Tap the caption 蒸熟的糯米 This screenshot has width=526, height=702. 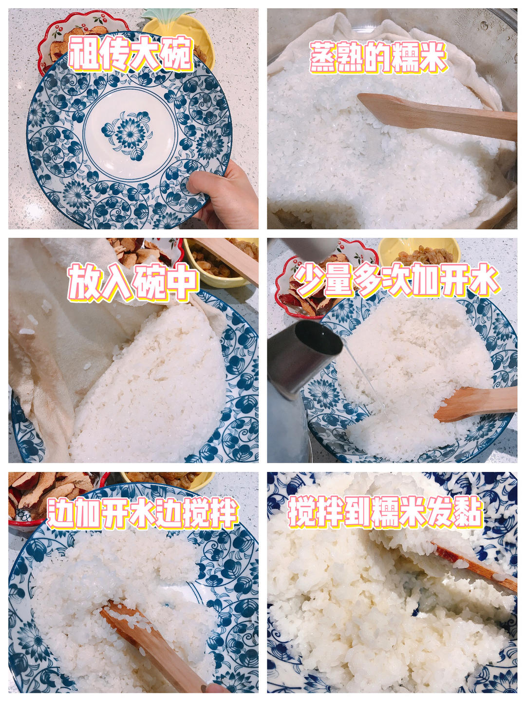click(378, 58)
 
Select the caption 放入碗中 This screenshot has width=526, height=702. click(132, 282)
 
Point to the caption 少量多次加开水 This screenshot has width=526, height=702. click(397, 280)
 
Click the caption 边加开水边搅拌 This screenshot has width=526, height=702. click(142, 513)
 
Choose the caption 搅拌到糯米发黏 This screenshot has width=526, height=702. click(385, 512)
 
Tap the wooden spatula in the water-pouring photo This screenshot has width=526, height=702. click(475, 404)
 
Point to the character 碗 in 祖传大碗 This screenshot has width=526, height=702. click(177, 55)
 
